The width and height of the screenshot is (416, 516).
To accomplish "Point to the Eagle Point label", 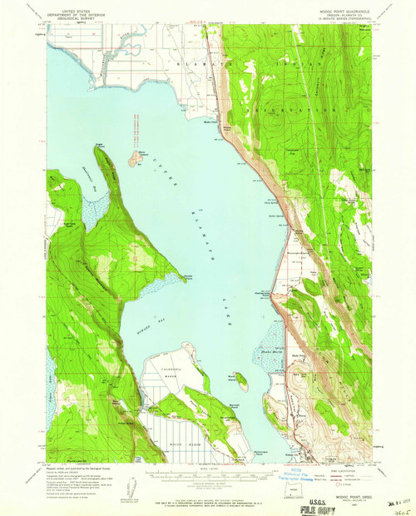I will click(101, 144).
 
